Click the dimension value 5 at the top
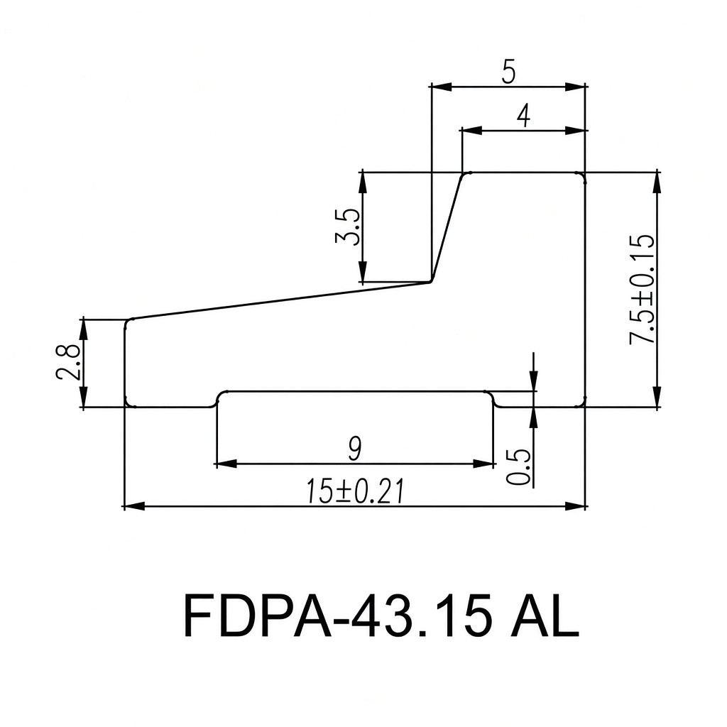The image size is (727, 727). pyautogui.click(x=508, y=72)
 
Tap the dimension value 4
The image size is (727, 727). pyautogui.click(x=523, y=116)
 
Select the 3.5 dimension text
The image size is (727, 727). pyautogui.click(x=347, y=226)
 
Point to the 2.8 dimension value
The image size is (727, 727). pyautogui.click(x=69, y=362)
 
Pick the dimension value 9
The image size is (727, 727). pyautogui.click(x=355, y=449)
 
